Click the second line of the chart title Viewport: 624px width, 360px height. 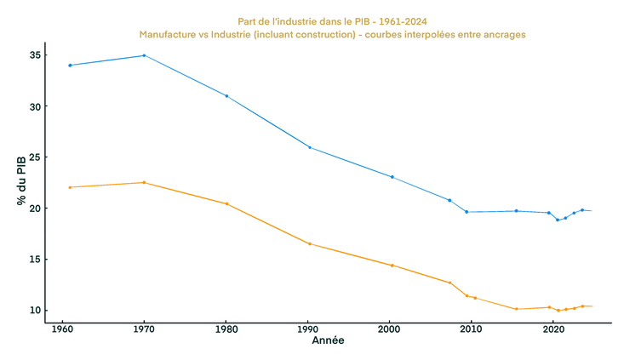pos(333,35)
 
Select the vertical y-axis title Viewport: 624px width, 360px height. pos(19,180)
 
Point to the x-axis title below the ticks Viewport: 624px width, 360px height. pos(328,340)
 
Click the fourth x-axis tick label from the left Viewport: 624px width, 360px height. pos(307,327)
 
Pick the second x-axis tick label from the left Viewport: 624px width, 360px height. pos(142,327)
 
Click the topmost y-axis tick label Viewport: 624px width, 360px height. pos(34,55)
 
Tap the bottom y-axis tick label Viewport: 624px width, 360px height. pos(34,309)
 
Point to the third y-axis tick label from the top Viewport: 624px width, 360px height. pos(34,157)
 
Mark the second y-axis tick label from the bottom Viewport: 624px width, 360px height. pos(34,258)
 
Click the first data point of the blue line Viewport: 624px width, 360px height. pos(69,65)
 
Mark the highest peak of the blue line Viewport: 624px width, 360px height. pos(144,55)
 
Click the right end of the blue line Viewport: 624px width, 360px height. pos(592,210)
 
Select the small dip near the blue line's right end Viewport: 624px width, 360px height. pos(558,220)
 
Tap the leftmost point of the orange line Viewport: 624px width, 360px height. pos(69,187)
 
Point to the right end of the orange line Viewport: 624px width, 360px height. pos(592,306)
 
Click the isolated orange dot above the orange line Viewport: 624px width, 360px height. pos(364,250)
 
